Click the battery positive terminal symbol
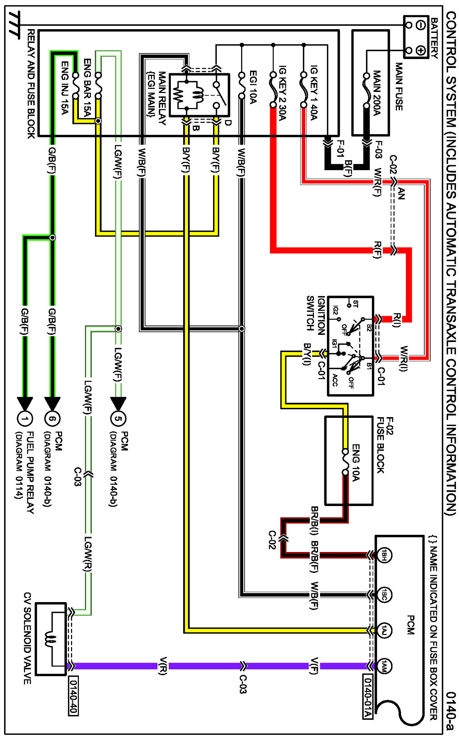tap(421, 50)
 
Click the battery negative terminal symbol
tap(421, 25)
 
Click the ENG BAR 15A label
tap(87, 87)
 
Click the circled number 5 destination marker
tap(118, 418)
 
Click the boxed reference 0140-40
tap(73, 696)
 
